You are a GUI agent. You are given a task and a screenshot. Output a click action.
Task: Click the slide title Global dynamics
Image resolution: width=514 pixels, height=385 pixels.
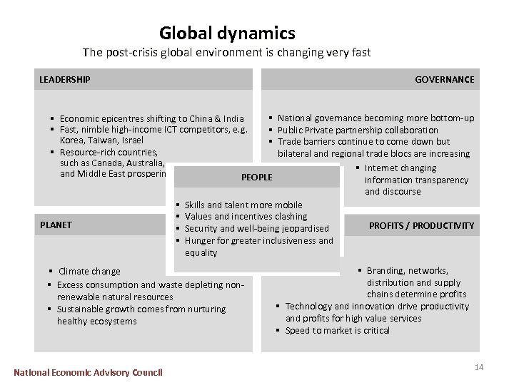[227, 33]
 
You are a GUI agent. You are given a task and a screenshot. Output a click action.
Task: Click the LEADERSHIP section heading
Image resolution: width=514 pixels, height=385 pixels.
[64, 79]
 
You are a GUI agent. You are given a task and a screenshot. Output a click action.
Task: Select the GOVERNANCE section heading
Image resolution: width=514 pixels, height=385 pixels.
[444, 79]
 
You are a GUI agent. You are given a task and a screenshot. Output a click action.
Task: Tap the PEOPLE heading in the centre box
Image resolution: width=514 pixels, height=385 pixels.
[257, 177]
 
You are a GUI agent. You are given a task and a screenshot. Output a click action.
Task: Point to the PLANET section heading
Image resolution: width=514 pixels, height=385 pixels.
[56, 225]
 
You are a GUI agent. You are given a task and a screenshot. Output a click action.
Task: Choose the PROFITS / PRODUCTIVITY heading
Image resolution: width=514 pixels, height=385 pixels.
[421, 225]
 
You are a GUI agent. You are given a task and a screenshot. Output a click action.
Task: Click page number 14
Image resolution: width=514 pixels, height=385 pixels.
[479, 366]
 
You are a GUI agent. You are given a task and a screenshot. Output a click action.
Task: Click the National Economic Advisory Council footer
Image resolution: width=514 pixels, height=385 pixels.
[88, 372]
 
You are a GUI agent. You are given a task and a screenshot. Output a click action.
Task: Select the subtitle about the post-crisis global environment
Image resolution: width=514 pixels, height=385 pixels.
[226, 53]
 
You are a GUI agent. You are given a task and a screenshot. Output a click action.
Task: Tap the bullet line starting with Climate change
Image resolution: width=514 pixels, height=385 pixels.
[89, 271]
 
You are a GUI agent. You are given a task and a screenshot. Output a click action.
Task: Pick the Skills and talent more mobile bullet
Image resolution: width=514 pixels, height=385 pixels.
[243, 205]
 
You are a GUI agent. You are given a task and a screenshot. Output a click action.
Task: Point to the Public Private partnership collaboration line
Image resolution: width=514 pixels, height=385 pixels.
[358, 130]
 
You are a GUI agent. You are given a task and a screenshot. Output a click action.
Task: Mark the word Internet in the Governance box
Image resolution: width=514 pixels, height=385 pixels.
[381, 168]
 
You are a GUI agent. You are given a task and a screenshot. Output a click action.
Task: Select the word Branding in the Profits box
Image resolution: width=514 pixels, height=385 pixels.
[387, 270]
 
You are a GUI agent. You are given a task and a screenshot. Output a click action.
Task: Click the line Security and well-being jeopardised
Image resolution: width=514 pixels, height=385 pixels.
[256, 228]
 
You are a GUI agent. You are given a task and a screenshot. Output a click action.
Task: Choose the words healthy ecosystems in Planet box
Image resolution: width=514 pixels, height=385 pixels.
[97, 321]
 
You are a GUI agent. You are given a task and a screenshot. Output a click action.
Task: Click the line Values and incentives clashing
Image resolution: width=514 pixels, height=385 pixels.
[246, 216]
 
